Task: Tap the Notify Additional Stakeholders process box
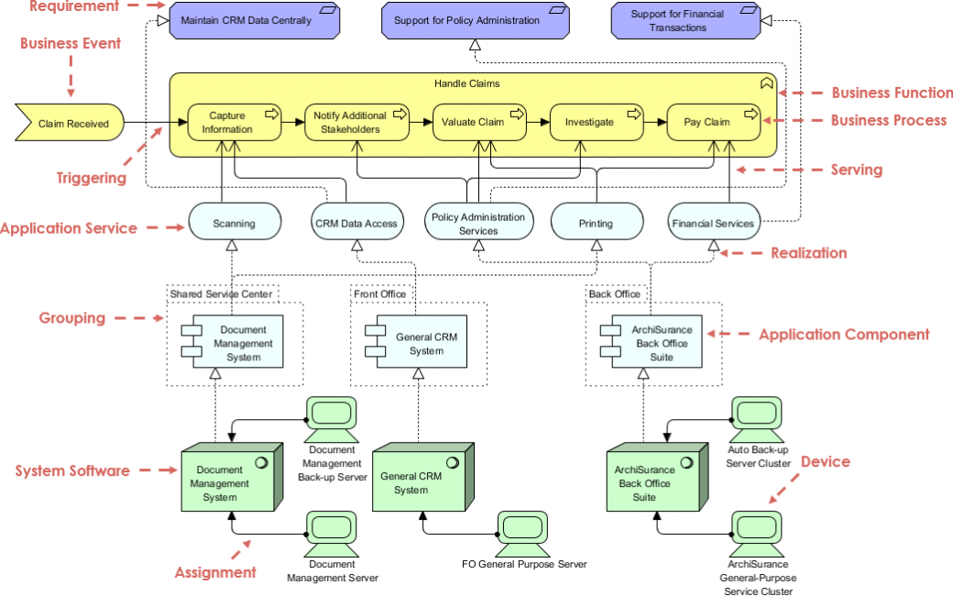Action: pos(350,123)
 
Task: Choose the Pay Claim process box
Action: pos(712,123)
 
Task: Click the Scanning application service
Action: pos(234,223)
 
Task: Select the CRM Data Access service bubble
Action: pos(356,223)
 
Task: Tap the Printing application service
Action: pos(596,223)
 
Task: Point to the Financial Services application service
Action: pos(713,223)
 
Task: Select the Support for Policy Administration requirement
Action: pos(475,20)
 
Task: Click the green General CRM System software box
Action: pos(421,480)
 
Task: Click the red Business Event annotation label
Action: pos(71,43)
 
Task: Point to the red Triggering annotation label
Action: pos(92,178)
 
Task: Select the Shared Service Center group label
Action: pos(222,293)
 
